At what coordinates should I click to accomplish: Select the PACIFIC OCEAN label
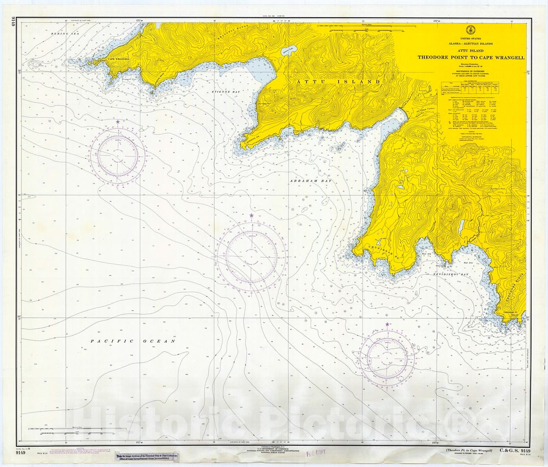133,341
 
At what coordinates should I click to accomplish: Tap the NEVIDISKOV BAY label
445,274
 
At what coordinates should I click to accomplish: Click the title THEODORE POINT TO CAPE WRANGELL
471,58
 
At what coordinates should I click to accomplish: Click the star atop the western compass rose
118,122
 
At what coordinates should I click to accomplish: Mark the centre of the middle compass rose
251,256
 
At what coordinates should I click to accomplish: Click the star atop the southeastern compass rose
387,324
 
